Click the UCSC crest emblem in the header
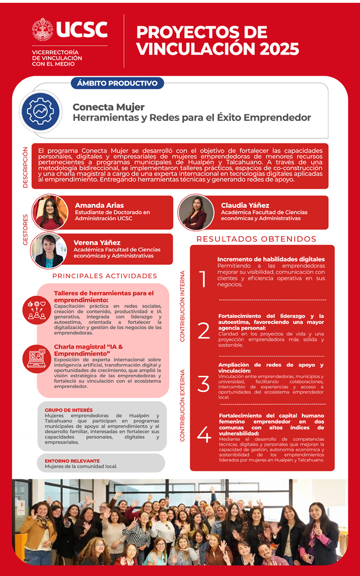tap(42, 29)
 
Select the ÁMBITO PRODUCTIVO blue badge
tap(117, 83)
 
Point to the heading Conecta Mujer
tap(109, 107)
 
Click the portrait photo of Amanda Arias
tap(50, 212)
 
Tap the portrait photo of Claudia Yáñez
tap(196, 212)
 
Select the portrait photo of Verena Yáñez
tap(49, 250)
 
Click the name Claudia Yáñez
tap(245, 205)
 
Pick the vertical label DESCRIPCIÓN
tap(25, 167)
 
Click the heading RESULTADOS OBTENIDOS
tap(256, 239)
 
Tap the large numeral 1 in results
tap(203, 279)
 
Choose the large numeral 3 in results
tap(204, 384)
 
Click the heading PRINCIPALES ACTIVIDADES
tap(104, 276)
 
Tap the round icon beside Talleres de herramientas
tap(37, 310)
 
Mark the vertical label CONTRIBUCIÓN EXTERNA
tap(182, 405)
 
